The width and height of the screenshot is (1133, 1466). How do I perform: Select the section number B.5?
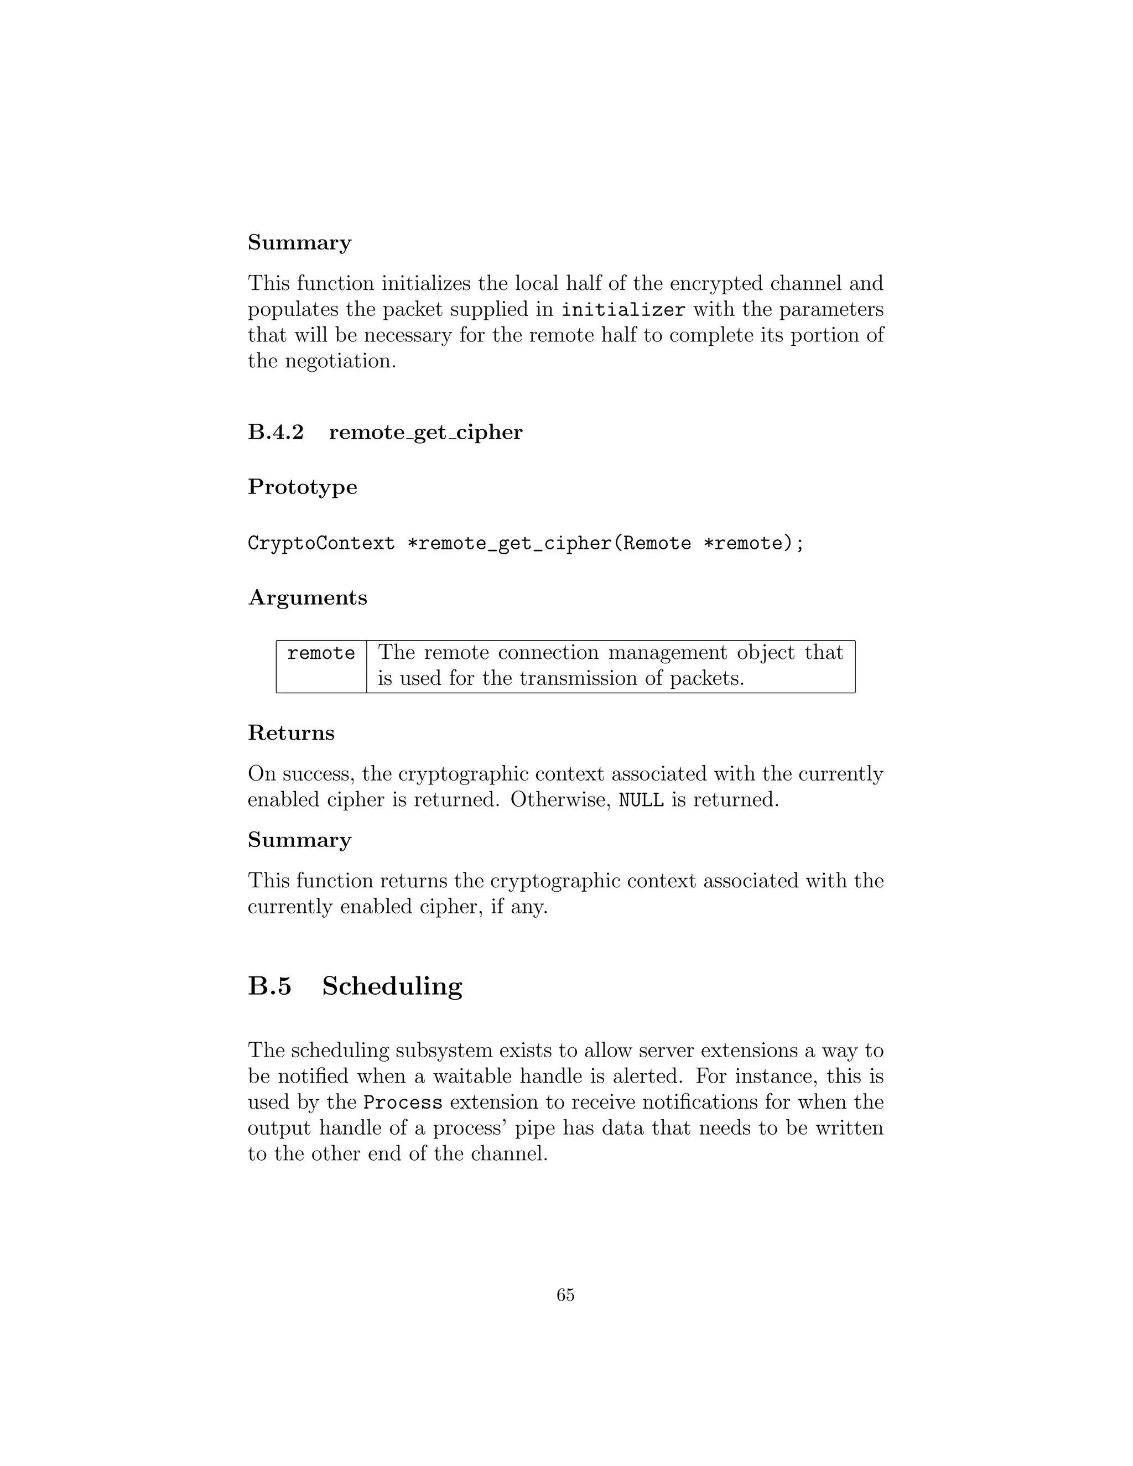coord(270,986)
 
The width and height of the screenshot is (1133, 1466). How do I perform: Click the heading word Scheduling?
coord(392,986)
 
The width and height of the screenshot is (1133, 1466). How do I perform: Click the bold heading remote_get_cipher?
coord(425,432)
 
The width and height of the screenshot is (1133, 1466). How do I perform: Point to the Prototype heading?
coord(302,487)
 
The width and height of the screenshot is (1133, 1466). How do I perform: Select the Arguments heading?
coord(308,597)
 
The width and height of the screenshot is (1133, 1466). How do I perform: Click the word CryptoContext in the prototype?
coord(321,543)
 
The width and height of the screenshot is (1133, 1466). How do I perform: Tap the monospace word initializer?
coord(623,310)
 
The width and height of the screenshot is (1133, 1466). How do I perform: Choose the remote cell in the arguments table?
coord(321,653)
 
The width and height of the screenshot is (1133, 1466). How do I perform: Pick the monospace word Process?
coord(403,1103)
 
